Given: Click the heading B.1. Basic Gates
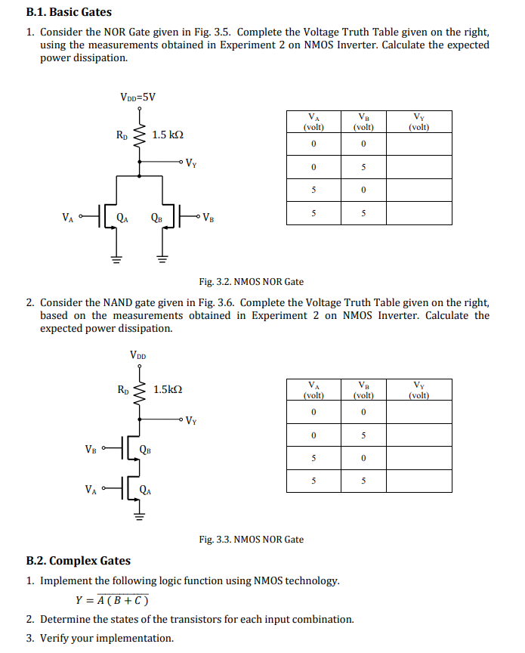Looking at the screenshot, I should pyautogui.click(x=69, y=12).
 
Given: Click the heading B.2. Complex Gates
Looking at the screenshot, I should pyautogui.click(x=78, y=561).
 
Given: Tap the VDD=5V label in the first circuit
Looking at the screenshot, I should pyautogui.click(x=137, y=97).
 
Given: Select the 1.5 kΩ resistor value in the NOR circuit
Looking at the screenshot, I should pyautogui.click(x=168, y=135).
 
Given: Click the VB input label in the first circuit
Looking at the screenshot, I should pyautogui.click(x=207, y=219).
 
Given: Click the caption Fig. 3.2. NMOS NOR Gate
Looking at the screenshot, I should pyautogui.click(x=251, y=282).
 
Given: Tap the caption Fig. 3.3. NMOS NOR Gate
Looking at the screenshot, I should pyautogui.click(x=251, y=540).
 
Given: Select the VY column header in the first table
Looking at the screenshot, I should pyautogui.click(x=418, y=122).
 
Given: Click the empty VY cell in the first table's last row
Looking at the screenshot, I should pyautogui.click(x=418, y=213).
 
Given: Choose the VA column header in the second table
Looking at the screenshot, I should pyautogui.click(x=313, y=389).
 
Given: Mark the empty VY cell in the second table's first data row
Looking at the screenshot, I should pyautogui.click(x=418, y=412).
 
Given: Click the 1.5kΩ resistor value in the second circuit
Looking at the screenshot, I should pyautogui.click(x=168, y=390).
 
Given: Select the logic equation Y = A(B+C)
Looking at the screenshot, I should pyautogui.click(x=112, y=601).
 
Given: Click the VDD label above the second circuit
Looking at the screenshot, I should pyautogui.click(x=138, y=354).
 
